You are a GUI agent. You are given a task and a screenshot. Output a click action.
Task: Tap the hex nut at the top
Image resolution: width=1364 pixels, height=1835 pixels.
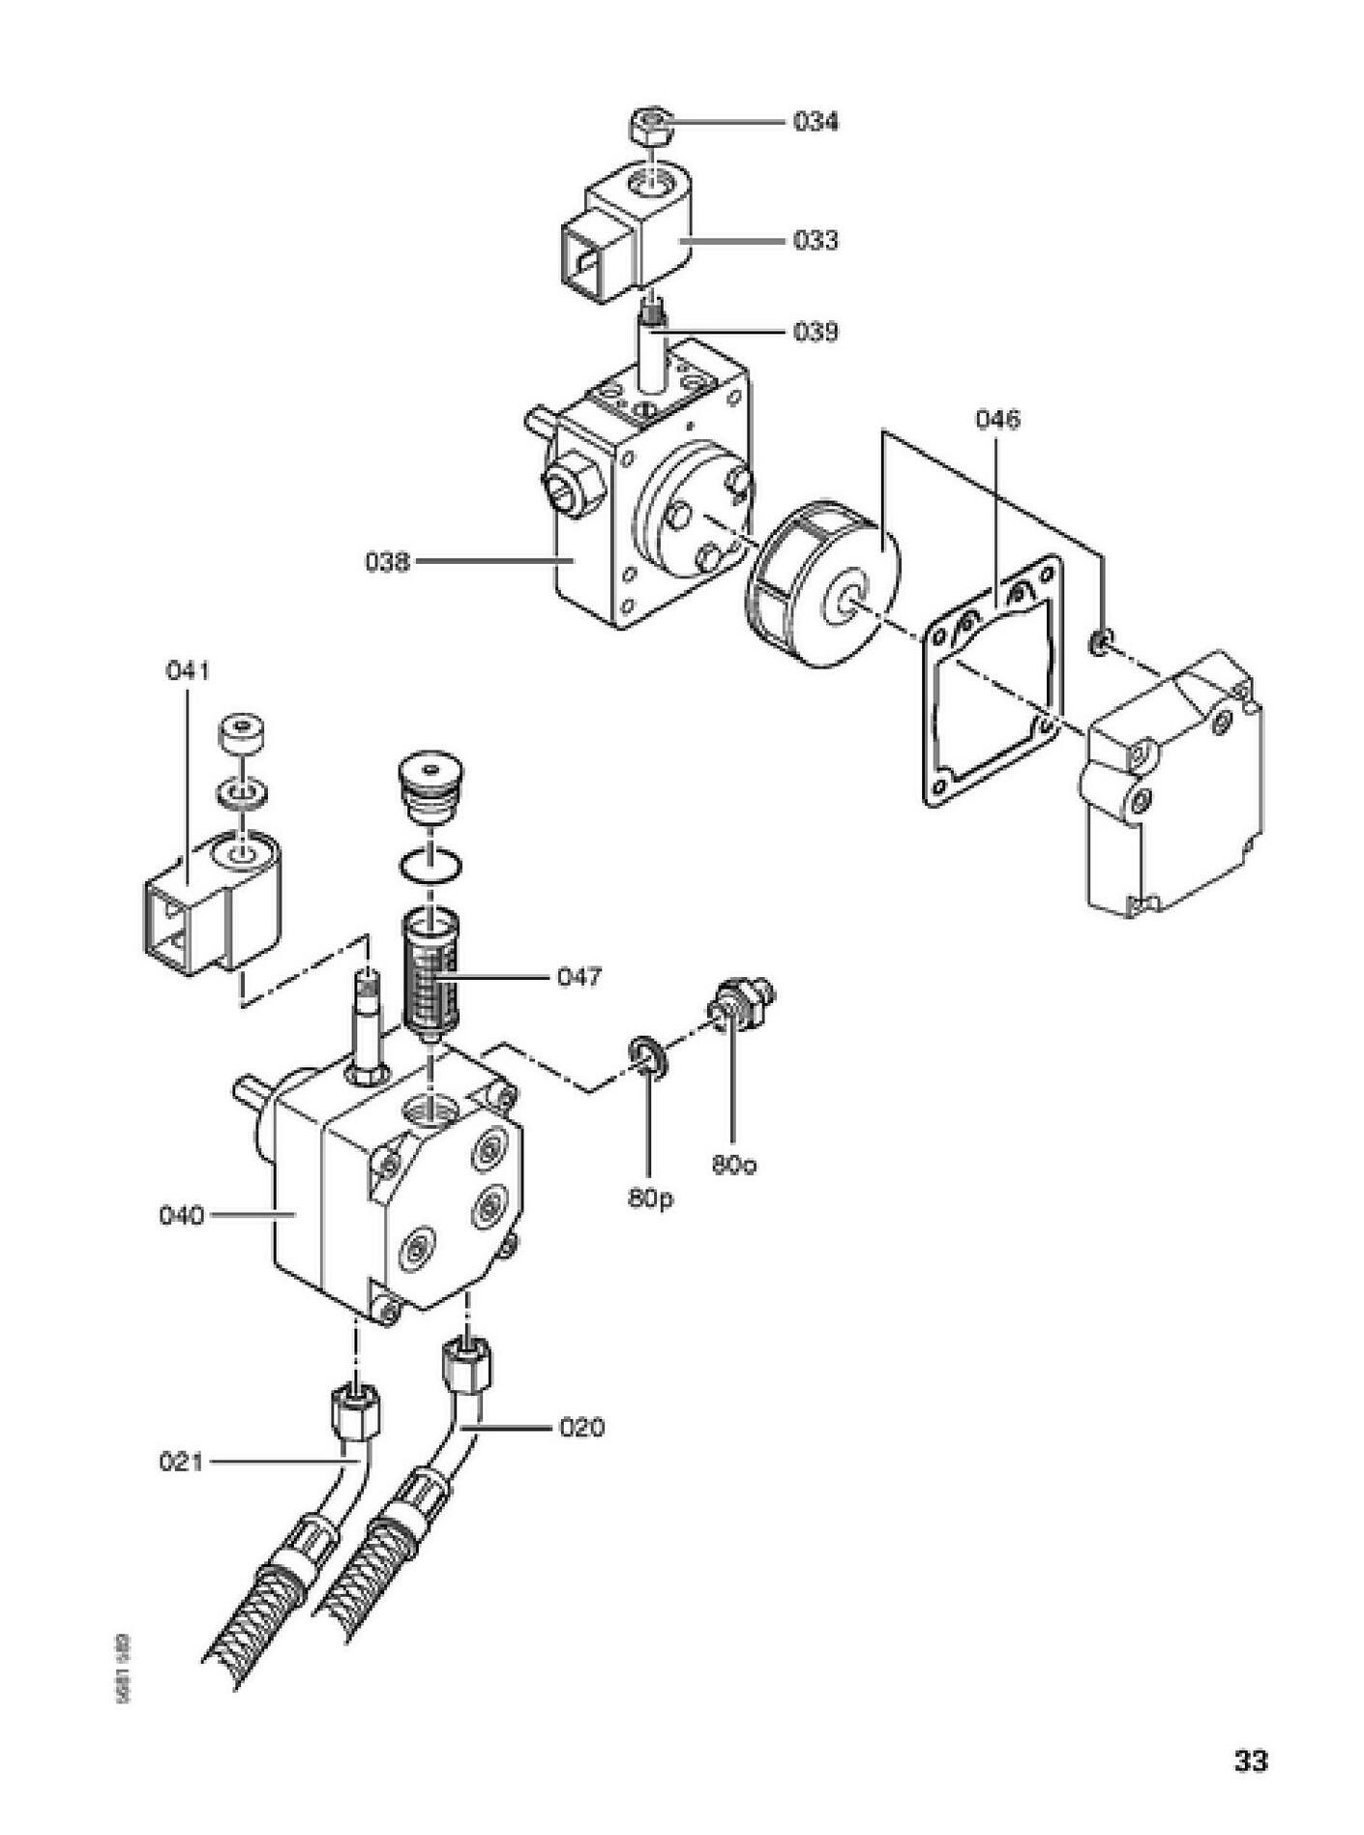pyautogui.click(x=650, y=126)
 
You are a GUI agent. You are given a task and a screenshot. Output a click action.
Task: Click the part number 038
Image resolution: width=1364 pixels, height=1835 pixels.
pyautogui.click(x=387, y=561)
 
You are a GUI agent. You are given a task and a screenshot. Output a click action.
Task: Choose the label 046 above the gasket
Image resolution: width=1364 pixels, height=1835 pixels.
pyautogui.click(x=996, y=420)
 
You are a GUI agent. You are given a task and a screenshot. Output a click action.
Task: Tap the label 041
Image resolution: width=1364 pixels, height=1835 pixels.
pyautogui.click(x=188, y=670)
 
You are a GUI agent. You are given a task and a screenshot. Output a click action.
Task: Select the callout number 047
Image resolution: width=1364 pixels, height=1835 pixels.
pyautogui.click(x=578, y=977)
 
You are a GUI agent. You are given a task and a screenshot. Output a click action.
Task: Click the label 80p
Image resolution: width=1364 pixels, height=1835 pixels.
pyautogui.click(x=650, y=1198)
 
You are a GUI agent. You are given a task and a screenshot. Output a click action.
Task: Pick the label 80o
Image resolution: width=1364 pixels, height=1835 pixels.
pyautogui.click(x=733, y=1165)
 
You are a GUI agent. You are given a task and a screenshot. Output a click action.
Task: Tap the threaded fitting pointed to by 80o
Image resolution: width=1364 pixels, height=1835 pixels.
pyautogui.click(x=741, y=1004)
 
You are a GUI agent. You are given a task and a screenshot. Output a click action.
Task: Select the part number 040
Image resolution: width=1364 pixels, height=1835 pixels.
pyautogui.click(x=182, y=1215)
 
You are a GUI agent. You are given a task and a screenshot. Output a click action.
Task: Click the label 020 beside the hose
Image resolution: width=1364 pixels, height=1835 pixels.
pyautogui.click(x=581, y=1428)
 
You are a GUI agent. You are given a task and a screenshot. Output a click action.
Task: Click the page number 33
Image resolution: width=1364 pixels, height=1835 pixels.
pyautogui.click(x=1249, y=1761)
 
